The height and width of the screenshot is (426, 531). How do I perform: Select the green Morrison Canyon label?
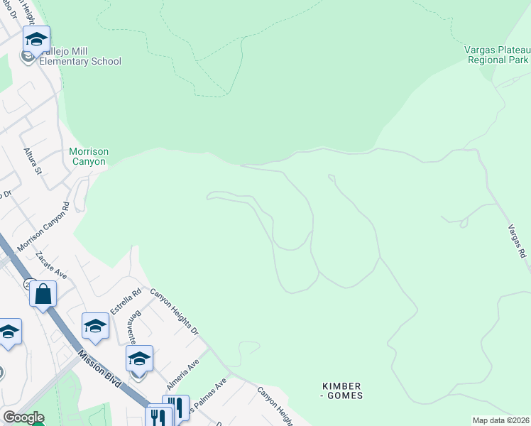[x=89, y=156]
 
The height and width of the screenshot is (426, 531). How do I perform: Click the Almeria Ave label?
[x=183, y=373]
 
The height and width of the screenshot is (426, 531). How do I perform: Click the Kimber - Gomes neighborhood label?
[x=343, y=390]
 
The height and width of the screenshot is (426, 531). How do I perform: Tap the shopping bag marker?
[x=43, y=293]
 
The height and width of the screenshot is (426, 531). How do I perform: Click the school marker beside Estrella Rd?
[x=95, y=326]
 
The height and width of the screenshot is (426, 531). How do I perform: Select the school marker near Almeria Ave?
[x=139, y=359]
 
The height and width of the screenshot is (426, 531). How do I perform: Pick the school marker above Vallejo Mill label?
[x=36, y=39]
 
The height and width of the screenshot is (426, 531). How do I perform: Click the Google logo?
[x=23, y=417]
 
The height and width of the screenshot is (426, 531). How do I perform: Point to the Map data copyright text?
[x=500, y=420]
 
